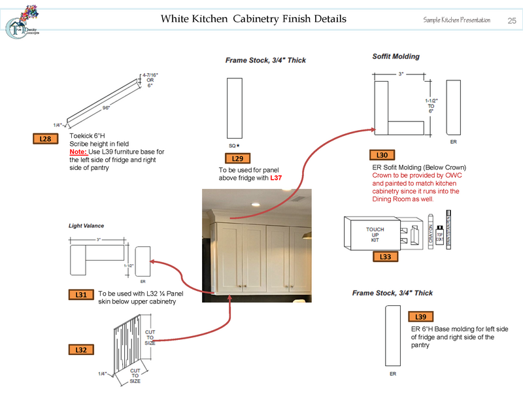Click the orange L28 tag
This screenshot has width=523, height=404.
pos(45,139)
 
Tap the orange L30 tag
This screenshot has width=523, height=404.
pos(382,156)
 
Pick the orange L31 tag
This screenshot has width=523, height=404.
pos(81,295)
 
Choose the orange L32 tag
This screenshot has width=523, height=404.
pos(81,350)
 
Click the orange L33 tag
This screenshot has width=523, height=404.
pos(385,257)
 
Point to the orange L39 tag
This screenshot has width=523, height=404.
pos(422,317)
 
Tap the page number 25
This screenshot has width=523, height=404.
pos(512,20)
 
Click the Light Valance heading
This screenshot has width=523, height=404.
pos(86,226)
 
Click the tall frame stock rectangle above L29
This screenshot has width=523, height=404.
pos(234,107)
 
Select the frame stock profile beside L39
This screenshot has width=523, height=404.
pos(392,336)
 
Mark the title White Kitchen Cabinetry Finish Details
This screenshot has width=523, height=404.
pos(254,19)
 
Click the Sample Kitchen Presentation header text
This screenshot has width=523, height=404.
pos(456,21)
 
